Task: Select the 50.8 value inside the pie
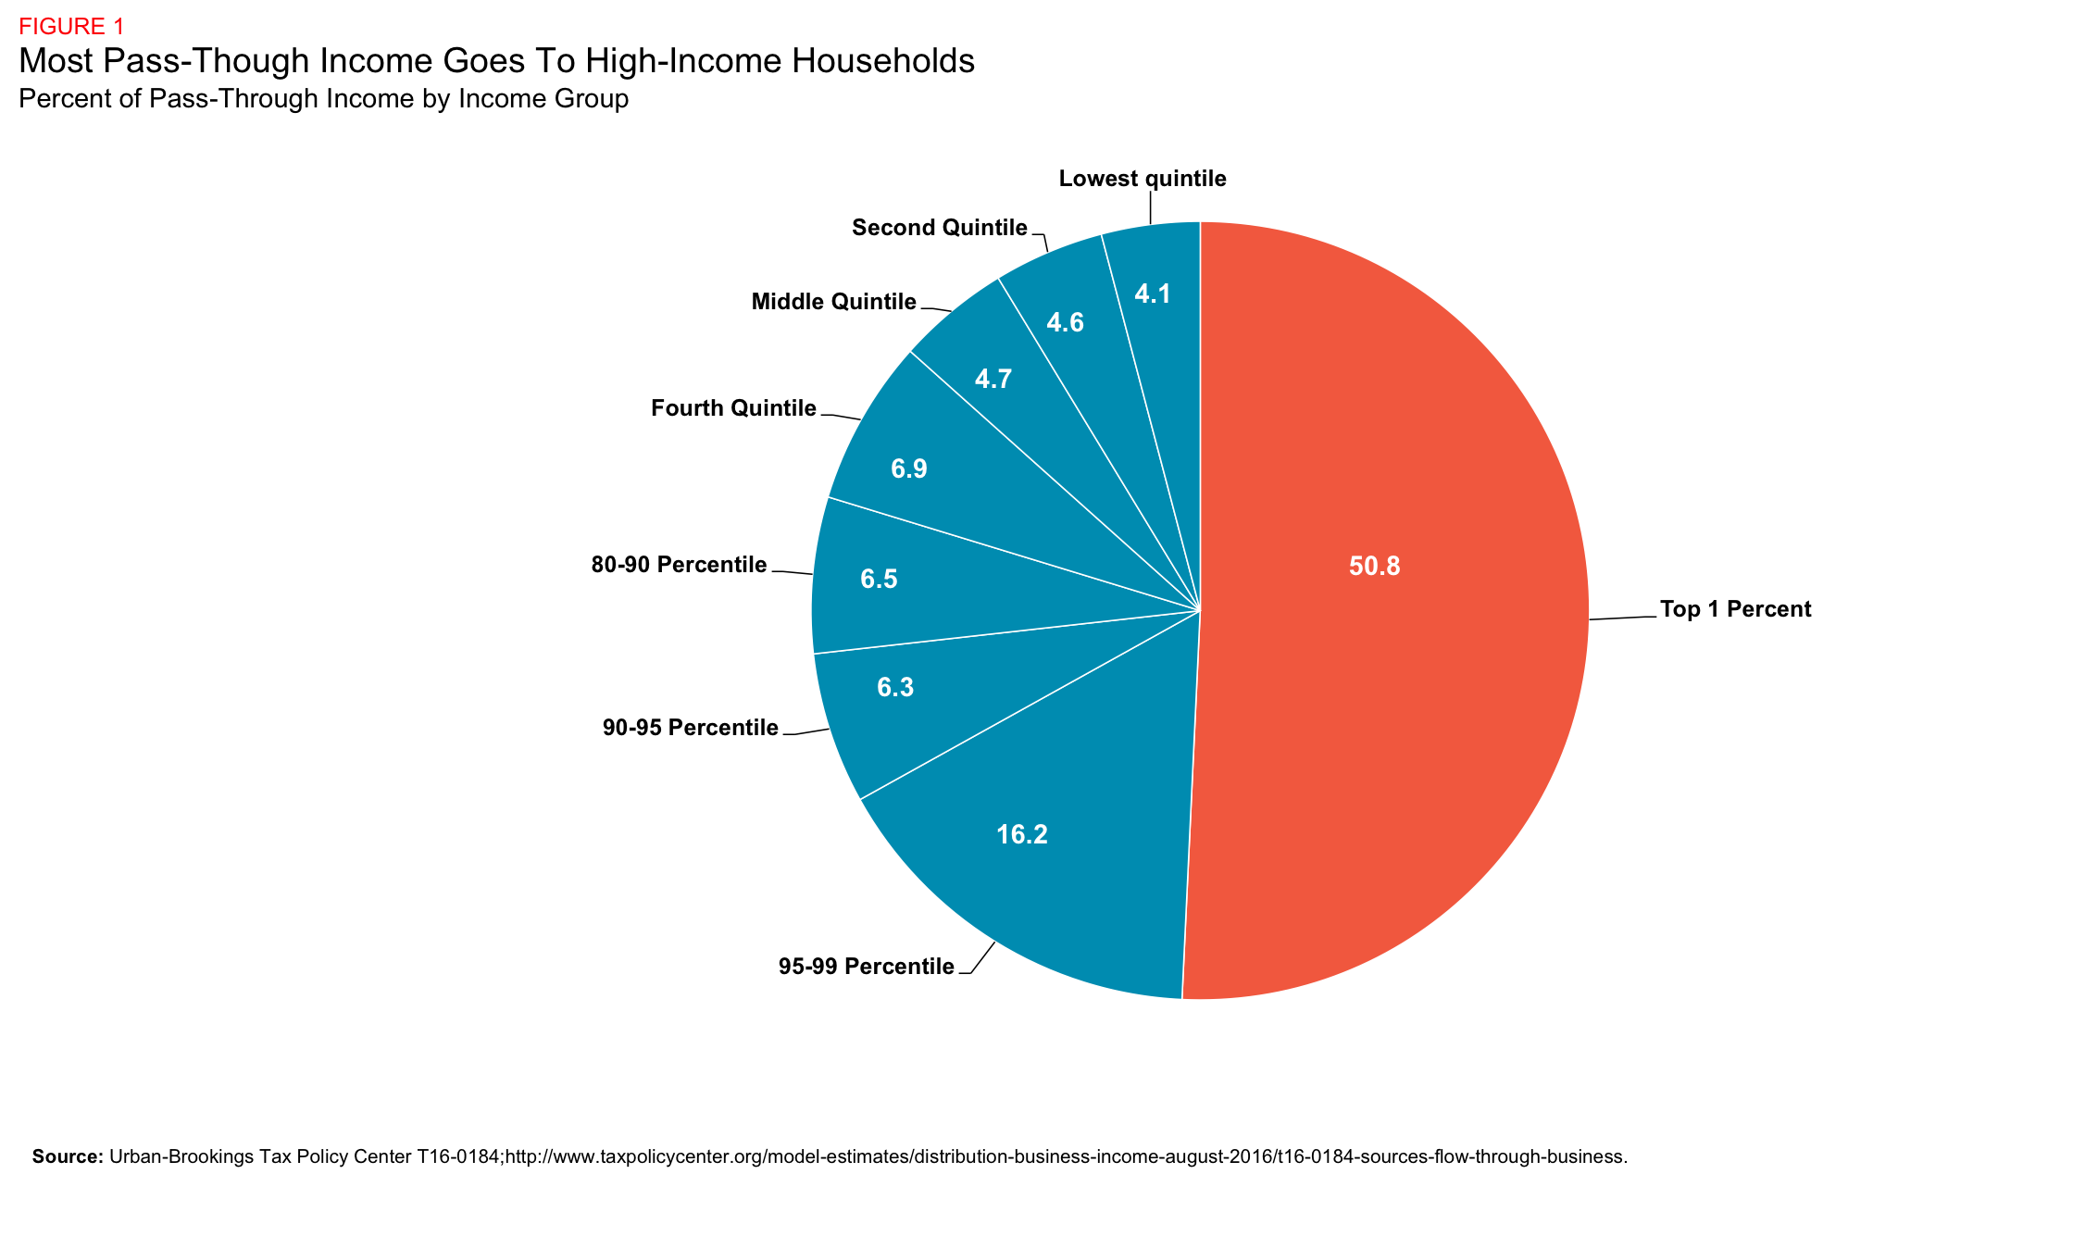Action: click(1374, 567)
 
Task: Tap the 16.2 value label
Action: click(1021, 835)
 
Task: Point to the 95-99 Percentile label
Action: click(866, 968)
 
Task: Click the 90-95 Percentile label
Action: click(690, 729)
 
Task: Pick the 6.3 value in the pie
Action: click(895, 688)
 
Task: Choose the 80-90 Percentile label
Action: click(679, 565)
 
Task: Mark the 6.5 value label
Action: click(879, 580)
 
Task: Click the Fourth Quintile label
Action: click(733, 408)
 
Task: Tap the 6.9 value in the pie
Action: click(908, 469)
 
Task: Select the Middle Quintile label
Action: click(833, 302)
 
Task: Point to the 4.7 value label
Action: click(993, 379)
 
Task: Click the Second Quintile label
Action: click(939, 228)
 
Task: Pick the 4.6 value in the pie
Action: click(1065, 323)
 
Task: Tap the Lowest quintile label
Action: click(1142, 179)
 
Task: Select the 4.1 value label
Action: click(1153, 294)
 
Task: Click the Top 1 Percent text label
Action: click(1735, 609)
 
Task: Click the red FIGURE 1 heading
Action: click(71, 27)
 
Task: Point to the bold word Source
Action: click(67, 1156)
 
